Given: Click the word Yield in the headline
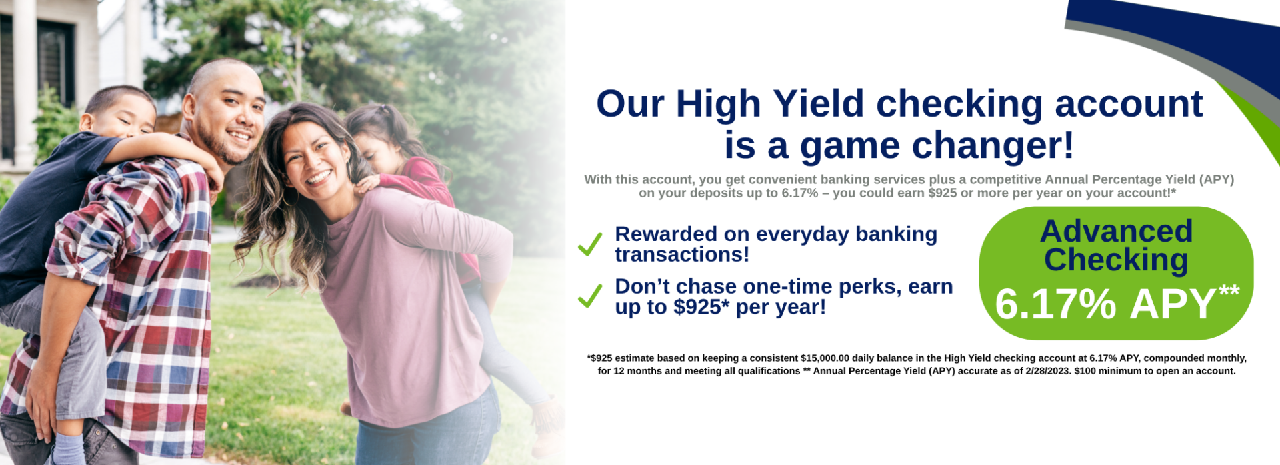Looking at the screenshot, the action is (x=818, y=105).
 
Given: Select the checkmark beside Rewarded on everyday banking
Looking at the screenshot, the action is (x=590, y=244).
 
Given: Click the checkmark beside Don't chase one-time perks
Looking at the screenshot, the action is (x=590, y=296).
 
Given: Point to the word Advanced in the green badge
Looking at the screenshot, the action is (x=1116, y=231).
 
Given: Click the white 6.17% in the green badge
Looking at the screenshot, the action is (x=1055, y=304).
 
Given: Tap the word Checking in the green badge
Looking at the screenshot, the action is (x=1116, y=260).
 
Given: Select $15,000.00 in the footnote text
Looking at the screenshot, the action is (x=825, y=358).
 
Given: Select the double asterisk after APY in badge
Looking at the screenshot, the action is (x=1229, y=291).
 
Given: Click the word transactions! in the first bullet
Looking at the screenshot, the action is (x=682, y=254).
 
